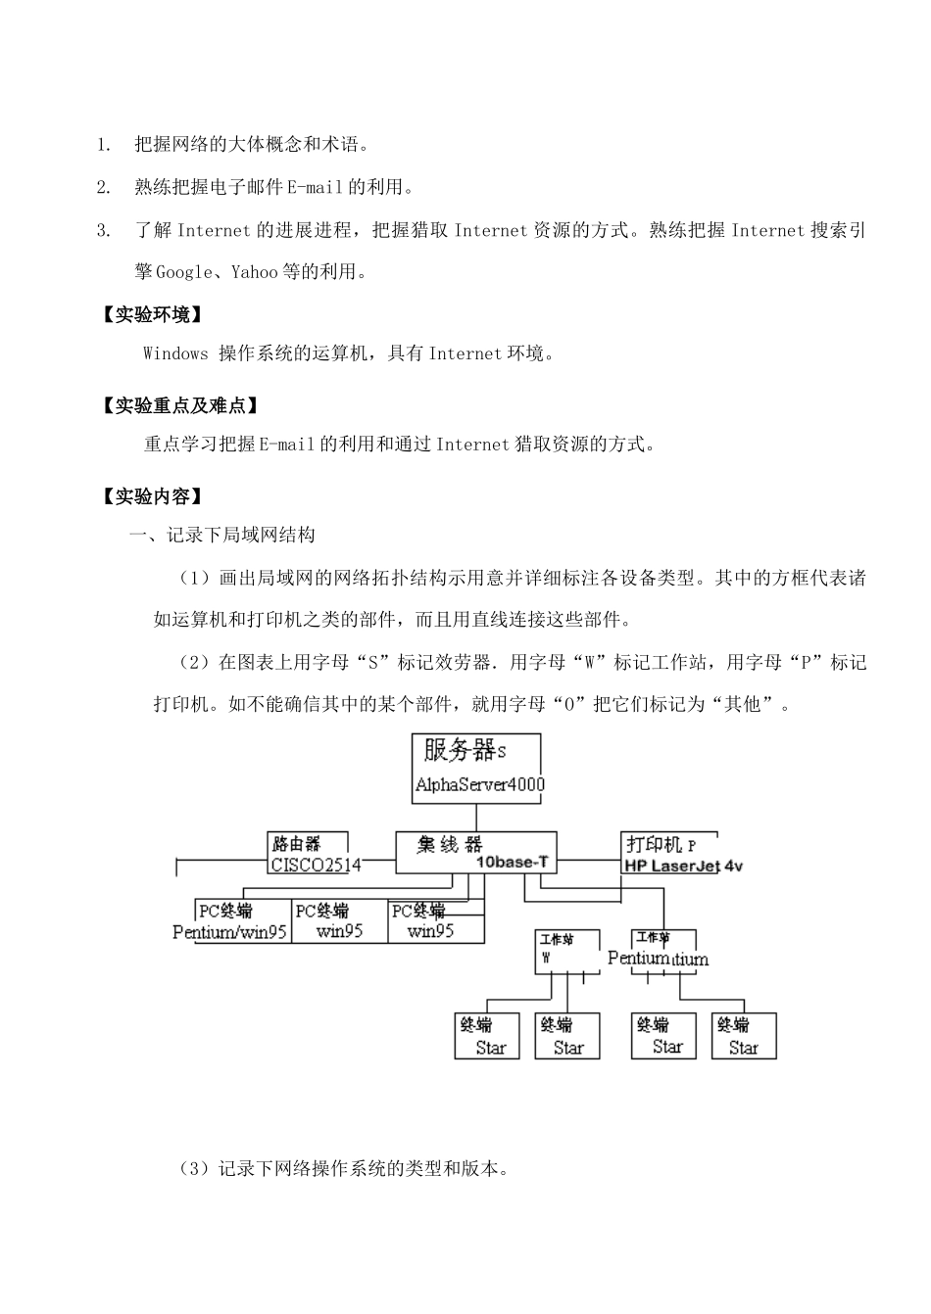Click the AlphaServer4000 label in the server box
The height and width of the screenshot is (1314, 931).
tap(479, 784)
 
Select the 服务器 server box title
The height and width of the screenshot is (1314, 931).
tap(460, 751)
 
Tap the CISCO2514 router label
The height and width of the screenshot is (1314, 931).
tap(315, 865)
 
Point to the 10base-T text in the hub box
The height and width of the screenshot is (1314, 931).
tap(512, 863)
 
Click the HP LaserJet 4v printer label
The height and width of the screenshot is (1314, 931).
tap(683, 866)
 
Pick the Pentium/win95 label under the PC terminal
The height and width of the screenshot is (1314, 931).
tap(229, 931)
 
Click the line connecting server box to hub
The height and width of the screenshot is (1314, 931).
tap(476, 819)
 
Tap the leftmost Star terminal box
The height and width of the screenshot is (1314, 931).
tap(487, 1036)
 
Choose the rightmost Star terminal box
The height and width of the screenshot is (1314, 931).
tap(744, 1036)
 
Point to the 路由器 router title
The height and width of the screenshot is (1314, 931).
tap(296, 843)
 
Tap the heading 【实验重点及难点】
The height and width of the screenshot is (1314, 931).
tap(181, 405)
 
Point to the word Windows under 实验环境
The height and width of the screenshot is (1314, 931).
tap(175, 353)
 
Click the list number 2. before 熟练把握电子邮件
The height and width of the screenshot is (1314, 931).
tap(103, 187)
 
